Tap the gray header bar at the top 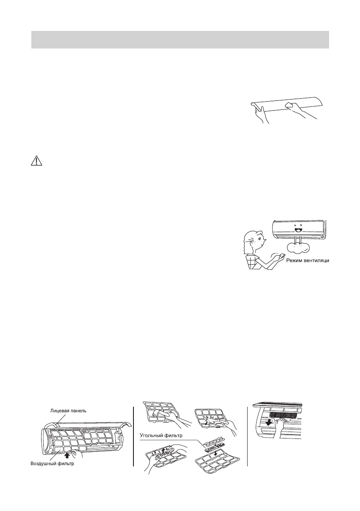[180, 39]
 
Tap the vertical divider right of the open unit [133, 433]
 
